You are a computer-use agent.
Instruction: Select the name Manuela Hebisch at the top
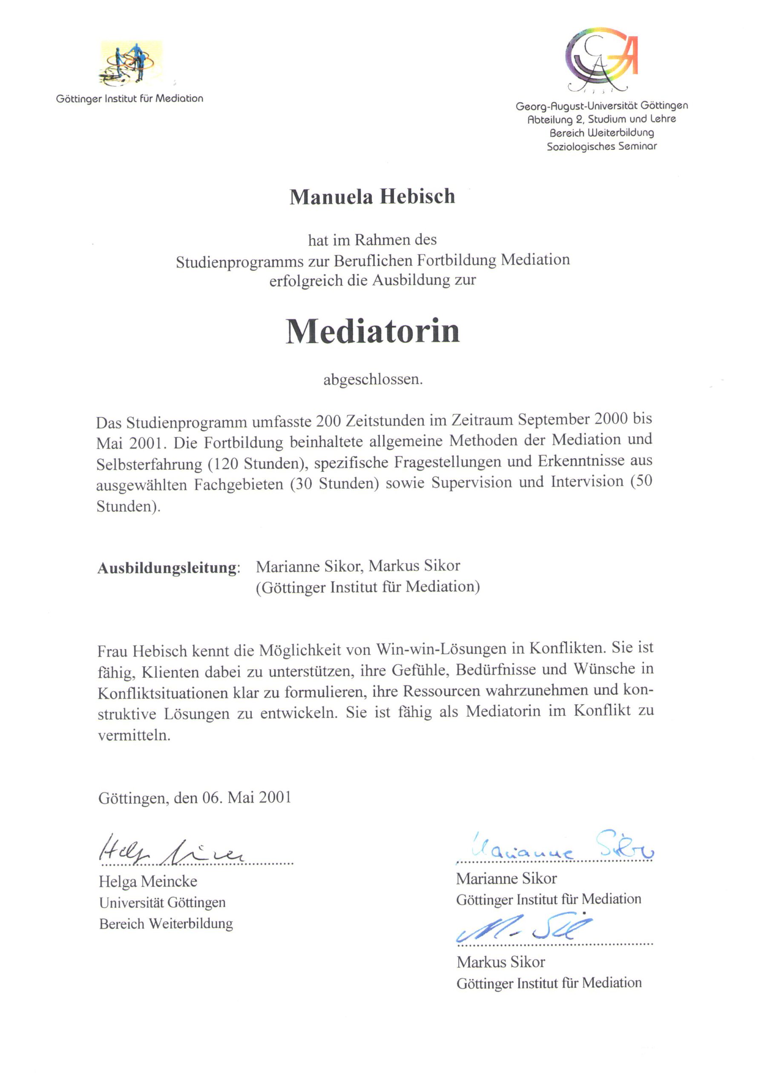point(372,197)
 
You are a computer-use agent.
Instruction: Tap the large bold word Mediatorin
point(372,331)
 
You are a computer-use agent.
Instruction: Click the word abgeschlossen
point(372,380)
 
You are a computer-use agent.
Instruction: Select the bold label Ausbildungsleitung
point(168,568)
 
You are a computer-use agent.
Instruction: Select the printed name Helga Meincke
point(148,881)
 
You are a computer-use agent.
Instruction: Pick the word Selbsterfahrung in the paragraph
point(149,464)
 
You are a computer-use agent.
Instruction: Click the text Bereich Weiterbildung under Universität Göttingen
point(166,924)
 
